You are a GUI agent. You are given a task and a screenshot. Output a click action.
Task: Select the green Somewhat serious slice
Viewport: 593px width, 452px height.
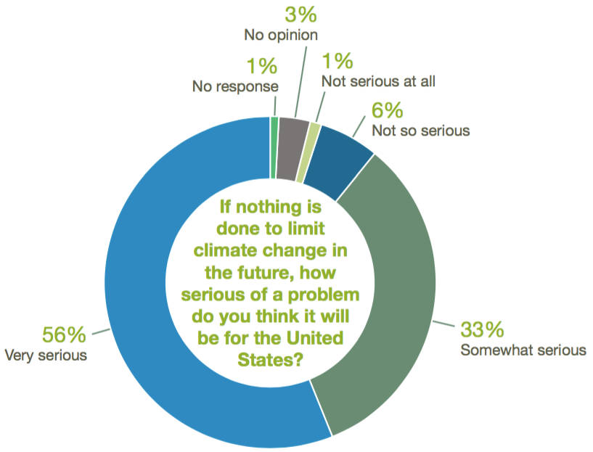392,290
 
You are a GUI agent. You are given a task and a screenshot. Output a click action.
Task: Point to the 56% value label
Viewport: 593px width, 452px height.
65,335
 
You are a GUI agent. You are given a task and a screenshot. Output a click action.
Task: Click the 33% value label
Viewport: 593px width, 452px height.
482,329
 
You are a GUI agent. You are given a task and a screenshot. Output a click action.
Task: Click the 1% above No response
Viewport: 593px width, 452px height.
261,67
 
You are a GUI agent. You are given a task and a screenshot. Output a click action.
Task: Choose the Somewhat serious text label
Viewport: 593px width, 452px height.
523,350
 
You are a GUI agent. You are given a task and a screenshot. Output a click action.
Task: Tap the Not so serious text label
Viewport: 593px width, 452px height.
420,131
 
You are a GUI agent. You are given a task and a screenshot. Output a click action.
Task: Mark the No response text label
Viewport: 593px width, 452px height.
235,86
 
